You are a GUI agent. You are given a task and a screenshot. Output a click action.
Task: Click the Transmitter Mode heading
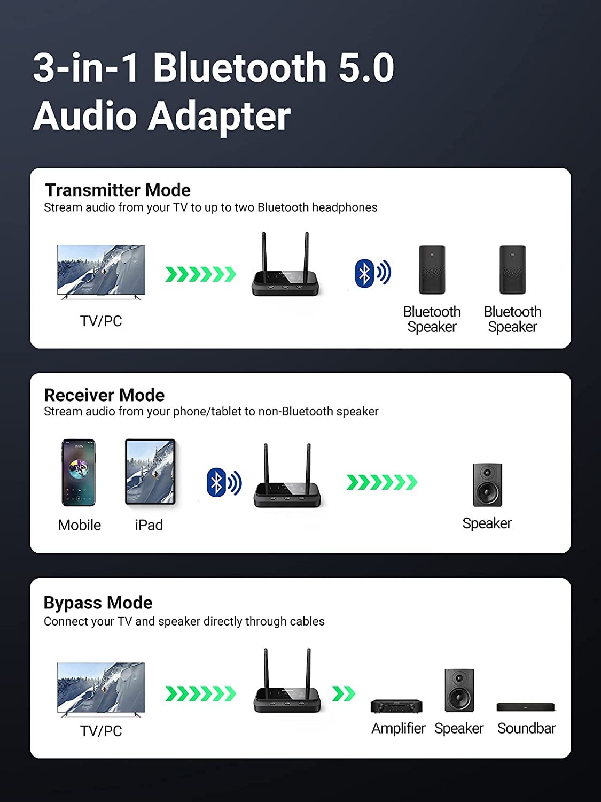pos(118,190)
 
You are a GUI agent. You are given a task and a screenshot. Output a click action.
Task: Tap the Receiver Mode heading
pos(104,395)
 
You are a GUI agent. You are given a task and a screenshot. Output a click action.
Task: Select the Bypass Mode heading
pos(98,603)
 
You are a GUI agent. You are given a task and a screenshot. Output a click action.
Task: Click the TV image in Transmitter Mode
pos(101,272)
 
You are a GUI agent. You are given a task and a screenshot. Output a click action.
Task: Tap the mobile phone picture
pos(79,473)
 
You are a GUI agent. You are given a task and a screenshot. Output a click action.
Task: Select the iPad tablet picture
pos(150,472)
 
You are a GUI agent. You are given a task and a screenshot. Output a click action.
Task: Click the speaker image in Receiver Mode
pos(487,485)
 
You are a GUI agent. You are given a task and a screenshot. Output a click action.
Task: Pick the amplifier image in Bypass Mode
pos(396,706)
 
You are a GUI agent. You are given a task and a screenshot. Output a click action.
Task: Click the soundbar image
pos(526,707)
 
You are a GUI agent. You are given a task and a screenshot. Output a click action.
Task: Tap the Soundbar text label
pos(526,728)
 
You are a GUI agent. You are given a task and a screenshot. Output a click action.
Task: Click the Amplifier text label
pos(398,728)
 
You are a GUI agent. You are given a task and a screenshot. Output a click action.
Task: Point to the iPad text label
pos(149,525)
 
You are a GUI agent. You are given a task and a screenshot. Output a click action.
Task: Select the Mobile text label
pos(79,525)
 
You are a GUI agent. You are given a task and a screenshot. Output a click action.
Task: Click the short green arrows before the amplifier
pos(344,693)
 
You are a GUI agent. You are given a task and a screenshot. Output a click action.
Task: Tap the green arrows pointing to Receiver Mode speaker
pos(381,482)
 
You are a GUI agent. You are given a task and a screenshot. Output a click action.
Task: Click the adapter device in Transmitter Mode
pos(285,267)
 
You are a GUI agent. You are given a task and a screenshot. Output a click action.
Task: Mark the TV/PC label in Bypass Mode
pos(101,731)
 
